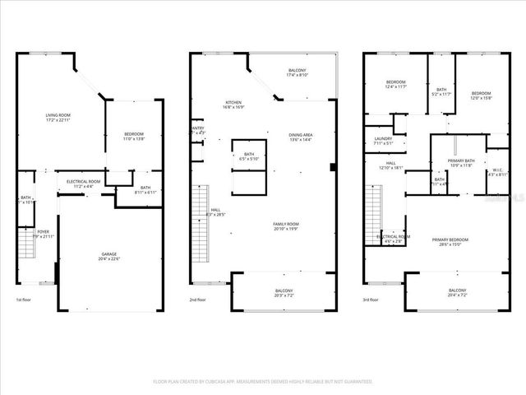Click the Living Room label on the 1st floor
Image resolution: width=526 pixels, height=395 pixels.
(58, 116)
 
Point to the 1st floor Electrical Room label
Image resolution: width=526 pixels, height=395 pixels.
(83, 183)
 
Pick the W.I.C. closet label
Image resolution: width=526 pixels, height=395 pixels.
(497, 171)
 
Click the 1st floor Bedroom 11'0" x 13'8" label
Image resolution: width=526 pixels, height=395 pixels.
(134, 137)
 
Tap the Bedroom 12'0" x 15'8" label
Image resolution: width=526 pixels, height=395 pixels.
(481, 95)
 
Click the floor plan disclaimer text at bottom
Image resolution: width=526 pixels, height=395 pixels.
(263, 382)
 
